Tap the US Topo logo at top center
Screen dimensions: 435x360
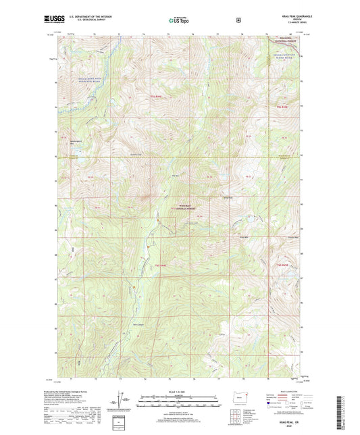tap(179, 21)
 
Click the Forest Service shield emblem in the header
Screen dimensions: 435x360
tap(238, 21)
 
